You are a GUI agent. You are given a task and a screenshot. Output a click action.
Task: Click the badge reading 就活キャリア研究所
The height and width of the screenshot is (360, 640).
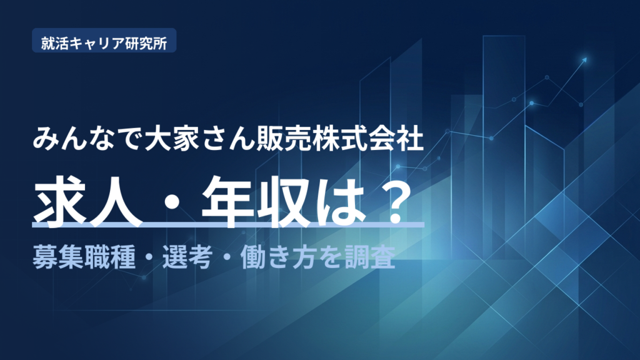click(104, 41)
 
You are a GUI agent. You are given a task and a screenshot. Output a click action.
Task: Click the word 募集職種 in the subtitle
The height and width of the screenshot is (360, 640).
click(84, 257)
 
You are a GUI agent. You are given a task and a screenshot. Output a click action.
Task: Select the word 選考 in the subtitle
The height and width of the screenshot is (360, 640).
click(187, 257)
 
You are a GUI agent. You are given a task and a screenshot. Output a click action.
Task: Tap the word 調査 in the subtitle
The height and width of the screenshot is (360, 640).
click(370, 257)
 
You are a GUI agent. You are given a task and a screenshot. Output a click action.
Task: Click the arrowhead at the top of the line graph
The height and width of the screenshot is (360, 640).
click(584, 60)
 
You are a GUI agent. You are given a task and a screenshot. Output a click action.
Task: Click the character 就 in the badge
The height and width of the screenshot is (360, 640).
click(47, 43)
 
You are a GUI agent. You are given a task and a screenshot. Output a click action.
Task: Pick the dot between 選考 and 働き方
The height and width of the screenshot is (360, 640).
click(227, 258)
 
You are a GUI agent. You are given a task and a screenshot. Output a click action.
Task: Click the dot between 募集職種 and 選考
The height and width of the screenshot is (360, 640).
click(149, 258)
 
